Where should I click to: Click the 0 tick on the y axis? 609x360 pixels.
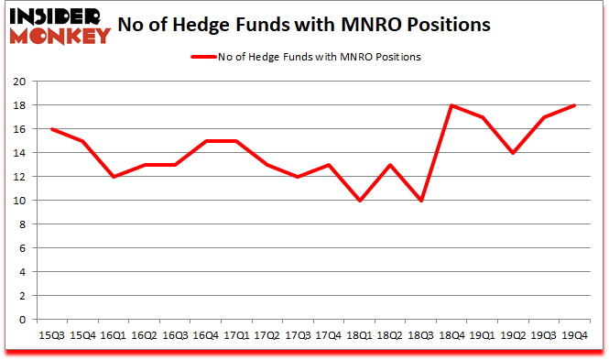click(x=20, y=321)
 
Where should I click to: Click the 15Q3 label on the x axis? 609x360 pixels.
click(x=53, y=335)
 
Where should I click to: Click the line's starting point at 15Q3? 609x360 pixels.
click(x=53, y=129)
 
